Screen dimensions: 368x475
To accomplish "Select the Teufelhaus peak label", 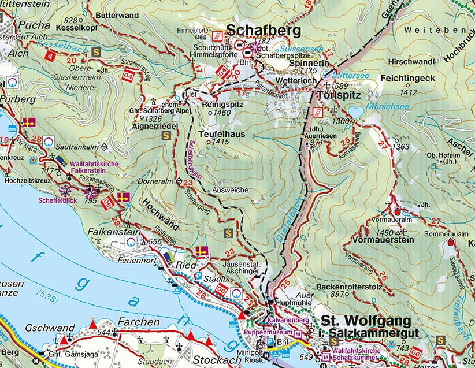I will click(222, 133).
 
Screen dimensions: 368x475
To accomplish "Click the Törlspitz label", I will click(339, 94).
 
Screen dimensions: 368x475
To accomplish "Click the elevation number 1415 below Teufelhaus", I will click(221, 142).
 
